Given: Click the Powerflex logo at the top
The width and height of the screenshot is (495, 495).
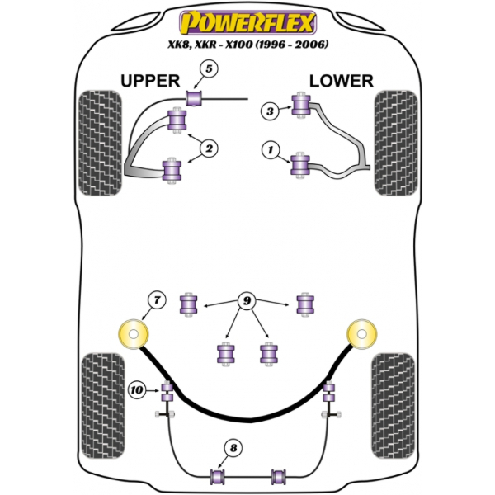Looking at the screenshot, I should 247,17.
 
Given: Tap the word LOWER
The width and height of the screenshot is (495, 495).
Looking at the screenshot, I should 341,80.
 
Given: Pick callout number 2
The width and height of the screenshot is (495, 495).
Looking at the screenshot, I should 208,148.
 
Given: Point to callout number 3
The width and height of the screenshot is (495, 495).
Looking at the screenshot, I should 269,112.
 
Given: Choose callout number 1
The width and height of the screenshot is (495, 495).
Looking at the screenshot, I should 269,150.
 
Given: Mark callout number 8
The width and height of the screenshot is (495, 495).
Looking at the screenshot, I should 234,448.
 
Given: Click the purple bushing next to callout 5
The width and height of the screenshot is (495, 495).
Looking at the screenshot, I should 195,99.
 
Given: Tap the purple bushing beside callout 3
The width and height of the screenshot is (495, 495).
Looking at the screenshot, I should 299,106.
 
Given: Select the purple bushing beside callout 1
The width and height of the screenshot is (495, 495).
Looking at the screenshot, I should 299,164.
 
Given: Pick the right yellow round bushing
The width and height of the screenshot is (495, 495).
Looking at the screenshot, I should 362,335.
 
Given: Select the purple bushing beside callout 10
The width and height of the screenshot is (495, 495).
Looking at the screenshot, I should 166,389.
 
